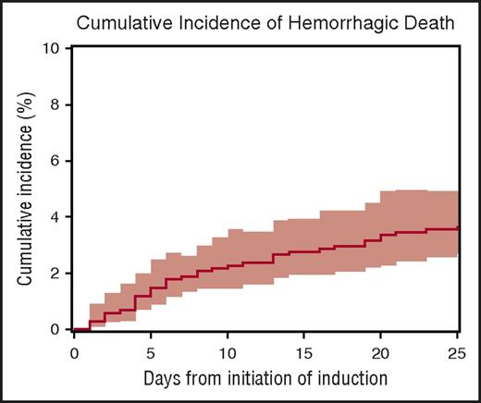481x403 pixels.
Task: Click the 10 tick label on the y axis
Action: click(55, 48)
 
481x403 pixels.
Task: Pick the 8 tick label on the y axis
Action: click(58, 104)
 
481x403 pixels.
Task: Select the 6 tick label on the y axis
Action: click(58, 161)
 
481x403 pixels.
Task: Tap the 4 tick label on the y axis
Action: click(58, 217)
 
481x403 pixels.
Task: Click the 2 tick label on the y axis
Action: click(58, 274)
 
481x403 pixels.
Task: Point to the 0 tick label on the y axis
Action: click(58, 330)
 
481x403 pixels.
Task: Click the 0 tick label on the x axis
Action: click(74, 352)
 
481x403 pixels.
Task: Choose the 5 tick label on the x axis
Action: click(151, 352)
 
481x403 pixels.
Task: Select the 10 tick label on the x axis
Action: click(228, 352)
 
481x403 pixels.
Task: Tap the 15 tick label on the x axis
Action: click(304, 352)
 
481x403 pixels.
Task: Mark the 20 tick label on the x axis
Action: click(381, 352)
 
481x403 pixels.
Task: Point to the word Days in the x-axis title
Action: click(163, 380)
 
